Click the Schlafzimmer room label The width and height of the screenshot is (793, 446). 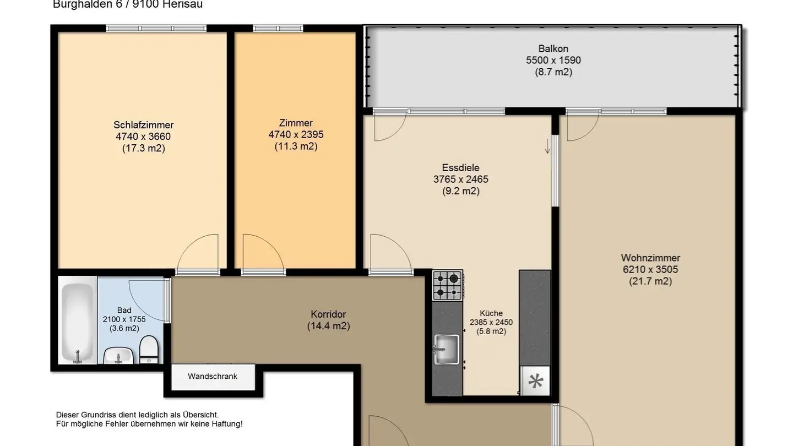coord(143,125)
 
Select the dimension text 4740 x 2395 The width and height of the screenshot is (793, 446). coord(296,135)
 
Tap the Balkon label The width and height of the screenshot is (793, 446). coord(553,48)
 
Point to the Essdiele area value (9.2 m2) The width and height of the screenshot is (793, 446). coord(460,192)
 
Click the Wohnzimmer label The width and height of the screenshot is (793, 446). coord(650,258)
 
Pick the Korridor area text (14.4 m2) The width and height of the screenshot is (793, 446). coord(328,326)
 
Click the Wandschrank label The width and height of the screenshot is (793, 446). coord(213,377)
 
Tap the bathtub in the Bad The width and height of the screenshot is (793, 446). coord(77,323)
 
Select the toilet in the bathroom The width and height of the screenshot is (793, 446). coord(149,350)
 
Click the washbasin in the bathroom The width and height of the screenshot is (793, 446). coord(117,356)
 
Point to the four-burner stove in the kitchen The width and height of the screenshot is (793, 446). coord(447,285)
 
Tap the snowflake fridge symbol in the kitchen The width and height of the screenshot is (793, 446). coord(535,381)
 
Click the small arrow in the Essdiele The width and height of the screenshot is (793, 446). coord(547,146)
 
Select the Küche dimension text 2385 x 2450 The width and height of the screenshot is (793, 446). coord(491,323)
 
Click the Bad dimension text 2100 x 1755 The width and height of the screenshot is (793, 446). coord(124,319)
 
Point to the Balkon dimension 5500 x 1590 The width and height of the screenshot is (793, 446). coord(553,61)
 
